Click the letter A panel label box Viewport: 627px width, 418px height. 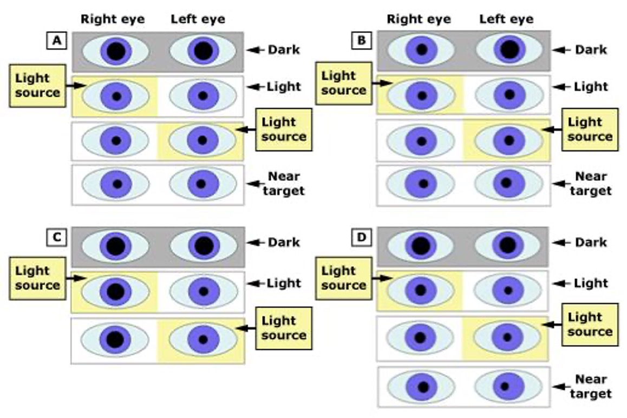(x=57, y=41)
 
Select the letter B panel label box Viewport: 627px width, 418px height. (x=362, y=41)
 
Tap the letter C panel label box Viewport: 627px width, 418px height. (x=57, y=237)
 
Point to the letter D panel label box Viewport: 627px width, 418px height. (x=362, y=237)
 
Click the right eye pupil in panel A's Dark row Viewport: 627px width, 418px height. (x=116, y=51)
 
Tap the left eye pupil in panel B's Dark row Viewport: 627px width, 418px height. (x=509, y=50)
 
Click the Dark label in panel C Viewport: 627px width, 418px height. (x=284, y=242)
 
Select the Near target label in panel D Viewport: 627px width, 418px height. (x=590, y=387)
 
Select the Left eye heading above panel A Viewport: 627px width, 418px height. (x=198, y=19)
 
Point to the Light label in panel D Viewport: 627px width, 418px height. (x=591, y=283)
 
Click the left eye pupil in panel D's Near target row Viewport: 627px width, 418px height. (x=505, y=387)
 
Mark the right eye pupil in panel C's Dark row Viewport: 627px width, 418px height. (x=116, y=246)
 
